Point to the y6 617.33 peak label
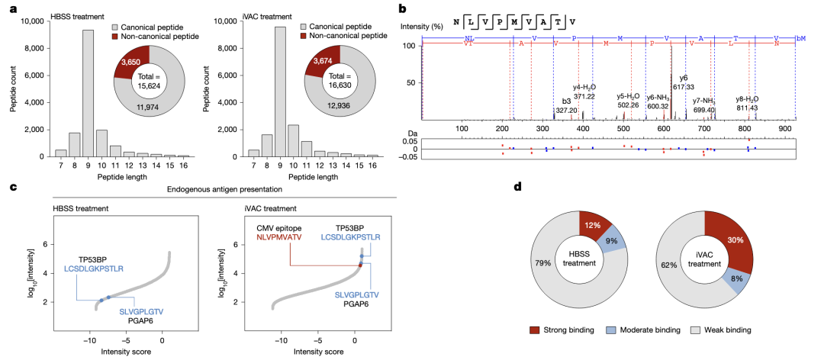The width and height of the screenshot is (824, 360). point(683,83)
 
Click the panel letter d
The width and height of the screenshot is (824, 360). point(519,186)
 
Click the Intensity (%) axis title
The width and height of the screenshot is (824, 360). point(422,27)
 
